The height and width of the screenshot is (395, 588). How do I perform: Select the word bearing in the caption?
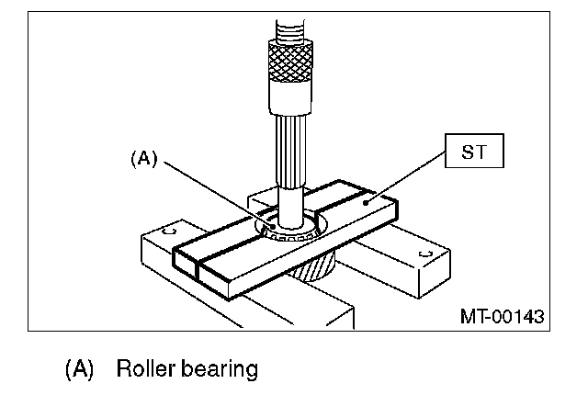click(220, 370)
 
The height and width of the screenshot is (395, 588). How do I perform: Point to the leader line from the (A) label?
click(216, 192)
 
